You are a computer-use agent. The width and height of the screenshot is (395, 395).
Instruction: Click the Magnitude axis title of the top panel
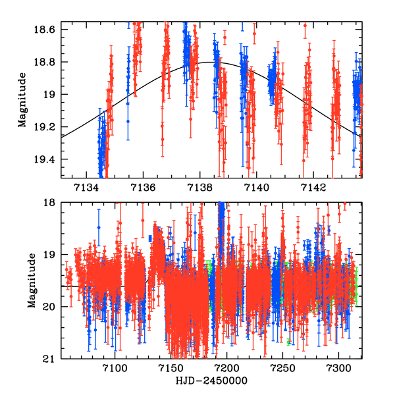[22, 101]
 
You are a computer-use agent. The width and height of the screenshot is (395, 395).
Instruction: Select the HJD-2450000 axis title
[212, 382]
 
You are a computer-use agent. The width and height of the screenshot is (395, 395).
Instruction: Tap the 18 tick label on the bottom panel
[52, 203]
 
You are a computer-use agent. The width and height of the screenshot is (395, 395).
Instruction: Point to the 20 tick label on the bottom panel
[52, 307]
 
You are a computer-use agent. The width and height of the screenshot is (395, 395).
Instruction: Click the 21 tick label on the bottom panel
[52, 359]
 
